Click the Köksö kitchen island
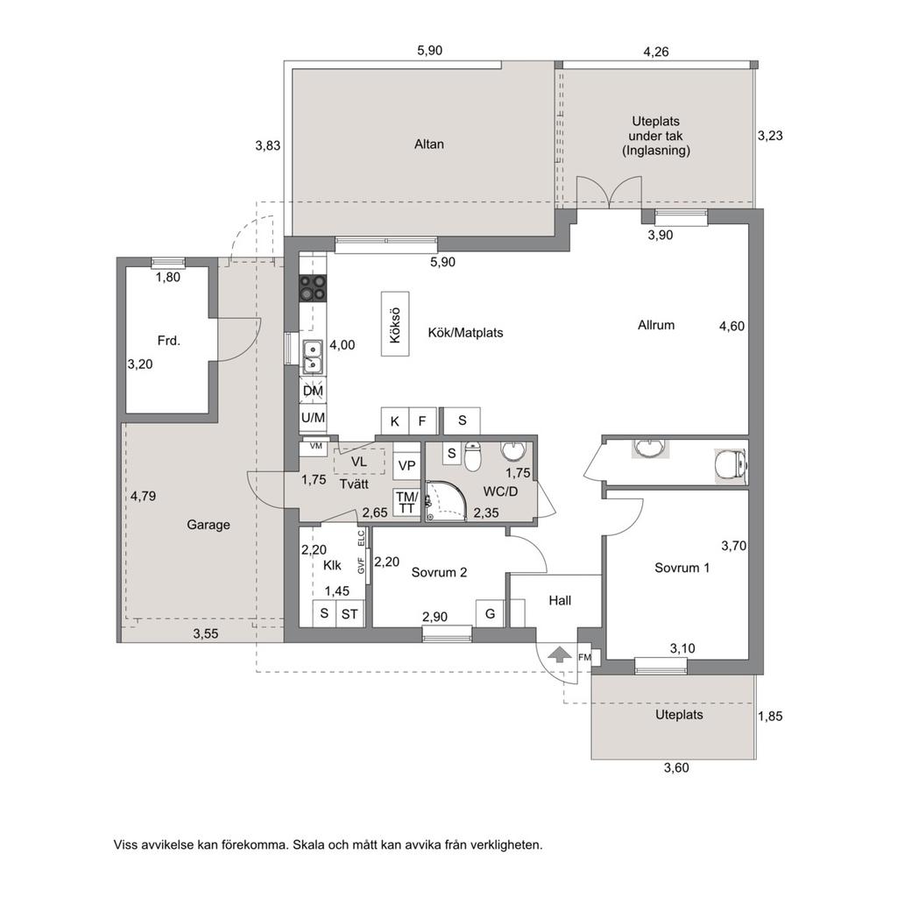(x=395, y=324)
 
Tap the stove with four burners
(x=313, y=287)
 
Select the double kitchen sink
(x=313, y=357)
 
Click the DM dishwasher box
(x=313, y=391)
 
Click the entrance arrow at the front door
(x=560, y=653)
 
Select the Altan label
(x=429, y=145)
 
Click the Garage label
(x=208, y=525)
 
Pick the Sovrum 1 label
(x=682, y=568)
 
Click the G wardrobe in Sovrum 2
(x=491, y=614)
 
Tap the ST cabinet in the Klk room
(x=350, y=614)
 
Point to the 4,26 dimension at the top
(x=655, y=52)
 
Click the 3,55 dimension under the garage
(x=205, y=633)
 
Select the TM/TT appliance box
(x=406, y=502)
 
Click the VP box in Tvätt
(x=406, y=465)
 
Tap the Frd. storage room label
(x=169, y=341)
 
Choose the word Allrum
(x=656, y=325)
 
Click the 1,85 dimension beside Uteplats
(x=770, y=717)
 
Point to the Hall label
(x=560, y=601)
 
